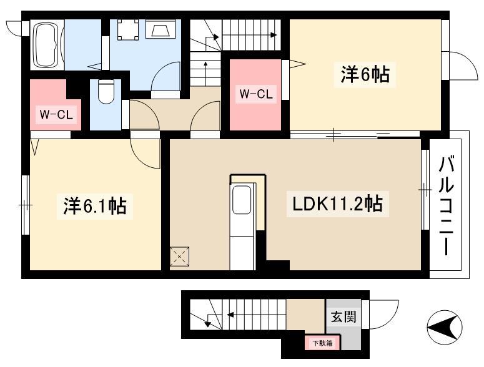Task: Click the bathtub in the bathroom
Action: [47, 45]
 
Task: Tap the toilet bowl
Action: [106, 92]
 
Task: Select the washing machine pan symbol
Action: [128, 29]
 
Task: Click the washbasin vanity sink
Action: [161, 29]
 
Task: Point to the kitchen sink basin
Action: [242, 200]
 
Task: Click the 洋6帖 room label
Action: [365, 74]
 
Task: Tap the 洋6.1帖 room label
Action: [95, 206]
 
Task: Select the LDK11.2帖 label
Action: [337, 204]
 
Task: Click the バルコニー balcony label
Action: [447, 207]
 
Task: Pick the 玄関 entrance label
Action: [343, 316]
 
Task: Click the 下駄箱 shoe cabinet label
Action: [323, 343]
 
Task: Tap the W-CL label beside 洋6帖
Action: [256, 94]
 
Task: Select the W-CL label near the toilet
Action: [56, 115]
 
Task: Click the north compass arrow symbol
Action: [445, 327]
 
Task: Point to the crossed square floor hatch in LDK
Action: [179, 257]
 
